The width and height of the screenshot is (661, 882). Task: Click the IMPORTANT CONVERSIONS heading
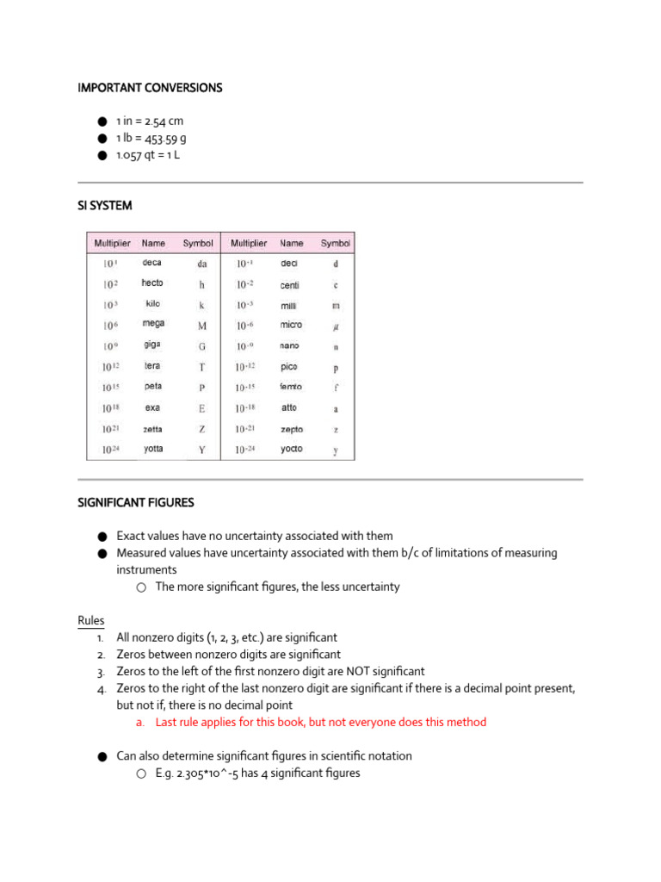(150, 88)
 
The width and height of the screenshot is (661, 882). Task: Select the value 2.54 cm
(164, 121)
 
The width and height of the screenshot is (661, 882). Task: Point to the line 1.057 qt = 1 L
(148, 155)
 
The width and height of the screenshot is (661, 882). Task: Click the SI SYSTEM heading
(105, 206)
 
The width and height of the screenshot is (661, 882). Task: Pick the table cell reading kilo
(152, 304)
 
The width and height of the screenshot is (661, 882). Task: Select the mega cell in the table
(153, 324)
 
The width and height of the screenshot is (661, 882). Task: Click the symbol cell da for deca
(202, 264)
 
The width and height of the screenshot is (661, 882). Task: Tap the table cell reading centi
(290, 284)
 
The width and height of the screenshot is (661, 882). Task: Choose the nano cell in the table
(289, 345)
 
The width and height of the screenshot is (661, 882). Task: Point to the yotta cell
(153, 449)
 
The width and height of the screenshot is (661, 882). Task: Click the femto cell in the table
(291, 387)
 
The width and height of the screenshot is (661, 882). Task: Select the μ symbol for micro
(336, 326)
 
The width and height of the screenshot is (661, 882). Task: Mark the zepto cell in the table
(292, 428)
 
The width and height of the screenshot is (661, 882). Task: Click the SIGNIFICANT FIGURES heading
(136, 502)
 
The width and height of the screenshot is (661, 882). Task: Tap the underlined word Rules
(90, 621)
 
